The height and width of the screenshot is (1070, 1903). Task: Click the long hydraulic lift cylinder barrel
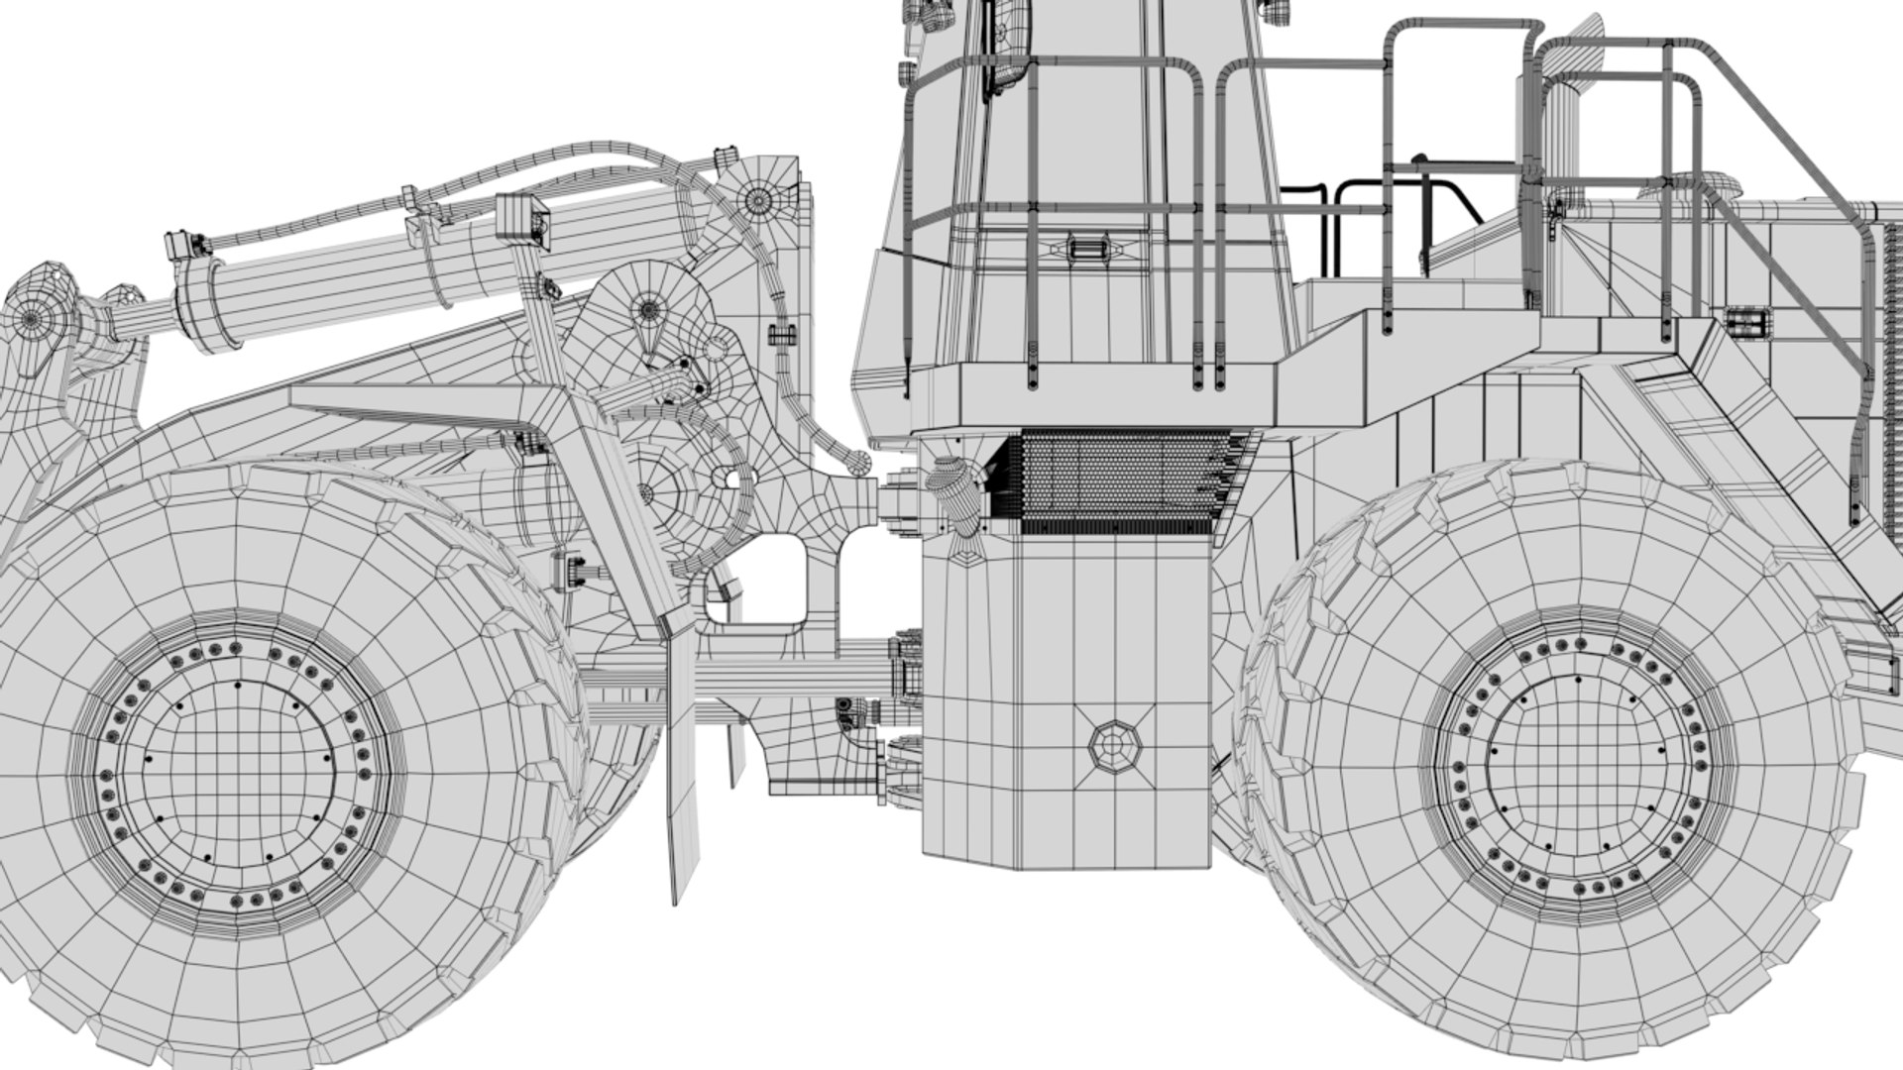pyautogui.click(x=327, y=287)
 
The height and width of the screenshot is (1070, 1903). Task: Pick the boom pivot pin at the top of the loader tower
pyautogui.click(x=758, y=199)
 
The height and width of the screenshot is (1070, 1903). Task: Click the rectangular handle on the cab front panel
pyautogui.click(x=1087, y=247)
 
